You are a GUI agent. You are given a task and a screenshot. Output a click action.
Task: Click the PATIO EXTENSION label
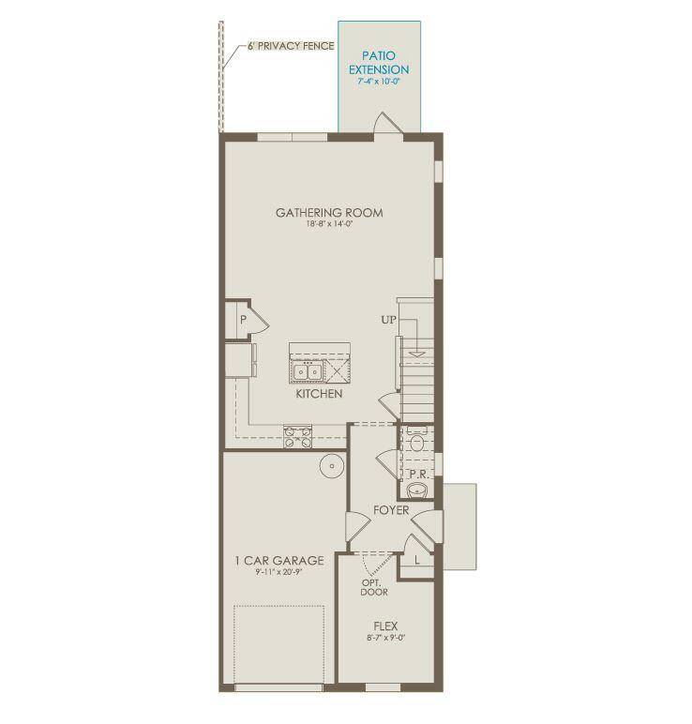point(379,63)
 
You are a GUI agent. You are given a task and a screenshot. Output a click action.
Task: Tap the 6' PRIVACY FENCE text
point(291,45)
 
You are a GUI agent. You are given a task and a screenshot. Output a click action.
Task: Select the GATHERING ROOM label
point(328,213)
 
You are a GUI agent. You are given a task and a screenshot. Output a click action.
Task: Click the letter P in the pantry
point(242,320)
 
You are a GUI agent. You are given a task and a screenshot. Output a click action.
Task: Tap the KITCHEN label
point(319,395)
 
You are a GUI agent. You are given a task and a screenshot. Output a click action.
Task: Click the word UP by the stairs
point(388,320)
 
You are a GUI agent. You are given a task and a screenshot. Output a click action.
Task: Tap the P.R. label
point(417,475)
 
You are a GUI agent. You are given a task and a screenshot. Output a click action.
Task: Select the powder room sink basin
point(418,489)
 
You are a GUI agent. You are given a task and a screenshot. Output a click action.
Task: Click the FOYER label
point(391,511)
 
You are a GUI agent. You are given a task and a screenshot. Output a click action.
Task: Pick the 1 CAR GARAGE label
point(279,561)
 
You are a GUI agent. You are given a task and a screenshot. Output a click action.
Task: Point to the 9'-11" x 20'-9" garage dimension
point(279,574)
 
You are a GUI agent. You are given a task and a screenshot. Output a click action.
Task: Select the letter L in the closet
point(417,560)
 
